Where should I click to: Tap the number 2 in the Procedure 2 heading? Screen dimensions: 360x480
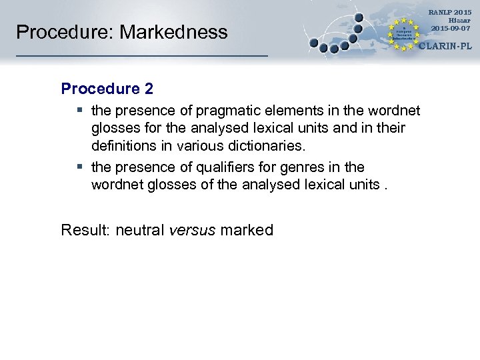(x=149, y=88)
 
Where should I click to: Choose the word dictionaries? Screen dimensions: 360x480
(x=266, y=145)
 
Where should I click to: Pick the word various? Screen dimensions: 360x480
(x=203, y=145)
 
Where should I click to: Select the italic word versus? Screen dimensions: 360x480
(x=193, y=231)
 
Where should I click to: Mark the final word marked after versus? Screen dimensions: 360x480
(x=247, y=231)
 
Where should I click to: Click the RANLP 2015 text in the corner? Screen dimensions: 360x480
(x=449, y=13)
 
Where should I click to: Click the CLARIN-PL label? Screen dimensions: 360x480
(x=445, y=46)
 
